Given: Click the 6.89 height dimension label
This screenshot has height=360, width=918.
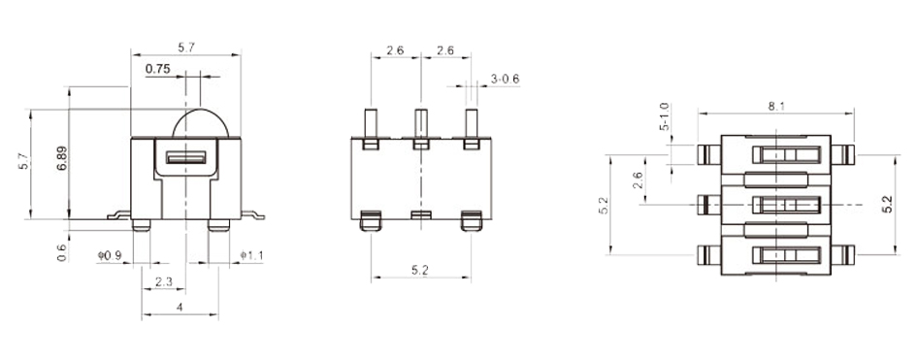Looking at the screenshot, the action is [x=63, y=158].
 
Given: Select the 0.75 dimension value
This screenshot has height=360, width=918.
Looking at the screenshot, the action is [x=158, y=69].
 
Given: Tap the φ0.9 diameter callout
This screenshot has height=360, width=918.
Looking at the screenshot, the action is [x=110, y=255].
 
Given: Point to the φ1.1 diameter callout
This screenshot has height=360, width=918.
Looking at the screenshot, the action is [x=251, y=255].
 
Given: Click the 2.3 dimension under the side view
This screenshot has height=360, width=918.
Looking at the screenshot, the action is [x=164, y=282].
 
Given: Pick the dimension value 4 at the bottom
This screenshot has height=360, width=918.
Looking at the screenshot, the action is [x=180, y=307].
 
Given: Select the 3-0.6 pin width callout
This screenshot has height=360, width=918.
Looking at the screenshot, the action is [x=506, y=79].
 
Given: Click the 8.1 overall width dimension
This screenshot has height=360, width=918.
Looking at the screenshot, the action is [x=776, y=107].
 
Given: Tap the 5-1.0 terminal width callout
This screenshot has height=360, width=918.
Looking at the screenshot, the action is [x=664, y=116].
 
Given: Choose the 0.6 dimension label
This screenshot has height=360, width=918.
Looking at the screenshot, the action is [x=62, y=252].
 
